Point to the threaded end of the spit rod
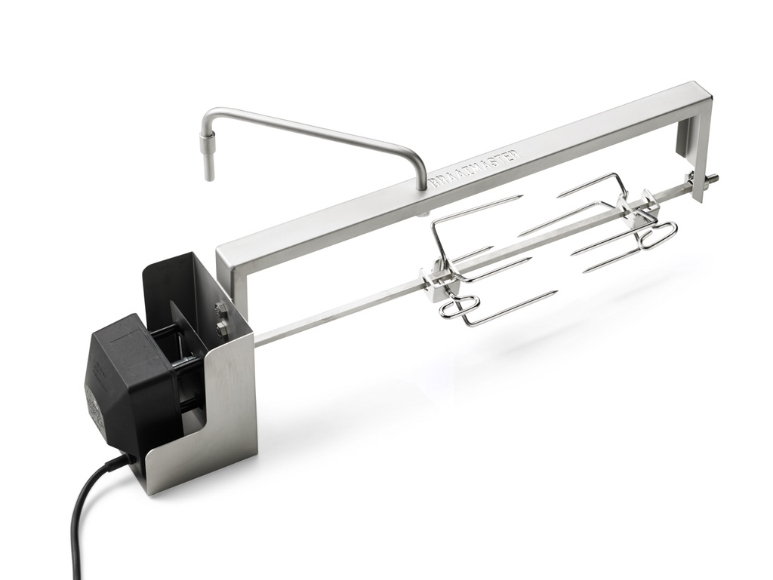coord(710,179)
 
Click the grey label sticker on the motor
coord(94,395)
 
